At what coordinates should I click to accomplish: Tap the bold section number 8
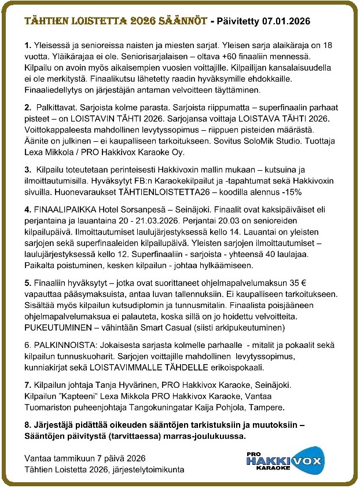point(28,426)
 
